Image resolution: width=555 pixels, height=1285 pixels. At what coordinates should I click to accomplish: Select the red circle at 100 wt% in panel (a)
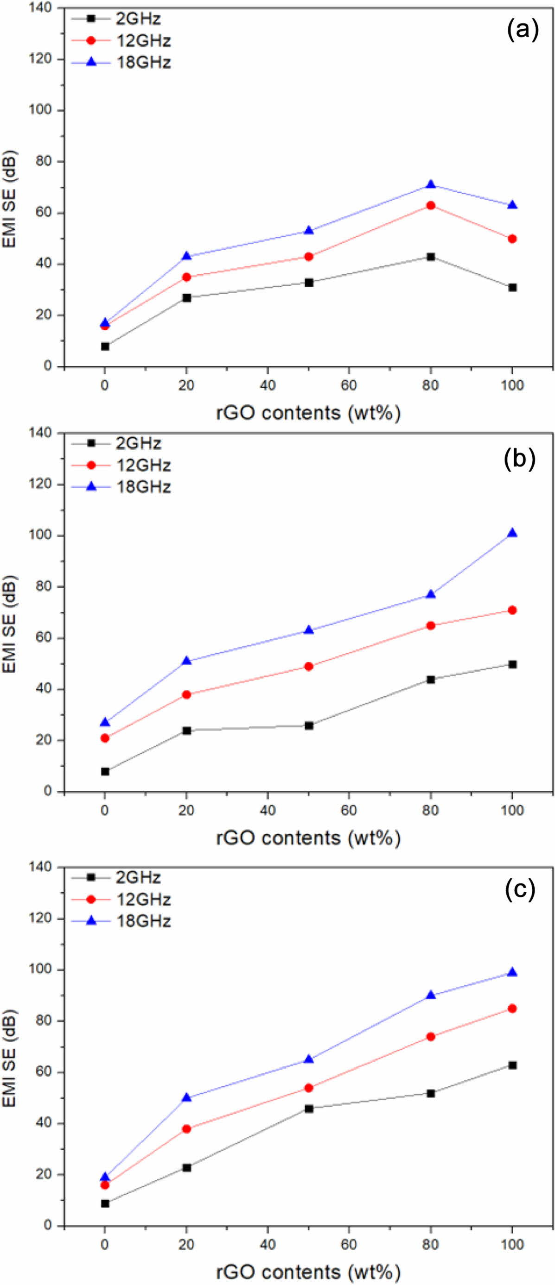point(512,239)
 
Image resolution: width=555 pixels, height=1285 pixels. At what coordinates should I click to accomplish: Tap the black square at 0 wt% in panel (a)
point(105,346)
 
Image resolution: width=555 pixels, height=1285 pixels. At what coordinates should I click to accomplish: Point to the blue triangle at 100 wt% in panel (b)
point(512,533)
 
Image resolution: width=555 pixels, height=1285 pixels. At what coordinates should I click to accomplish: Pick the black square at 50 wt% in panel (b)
point(309,726)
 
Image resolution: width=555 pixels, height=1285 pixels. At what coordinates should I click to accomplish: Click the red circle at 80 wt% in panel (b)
point(431,625)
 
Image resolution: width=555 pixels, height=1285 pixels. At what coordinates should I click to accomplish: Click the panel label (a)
point(523,31)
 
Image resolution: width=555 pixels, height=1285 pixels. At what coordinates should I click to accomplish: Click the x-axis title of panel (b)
point(308,838)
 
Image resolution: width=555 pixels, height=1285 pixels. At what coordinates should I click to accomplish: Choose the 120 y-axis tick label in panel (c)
point(41,919)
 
